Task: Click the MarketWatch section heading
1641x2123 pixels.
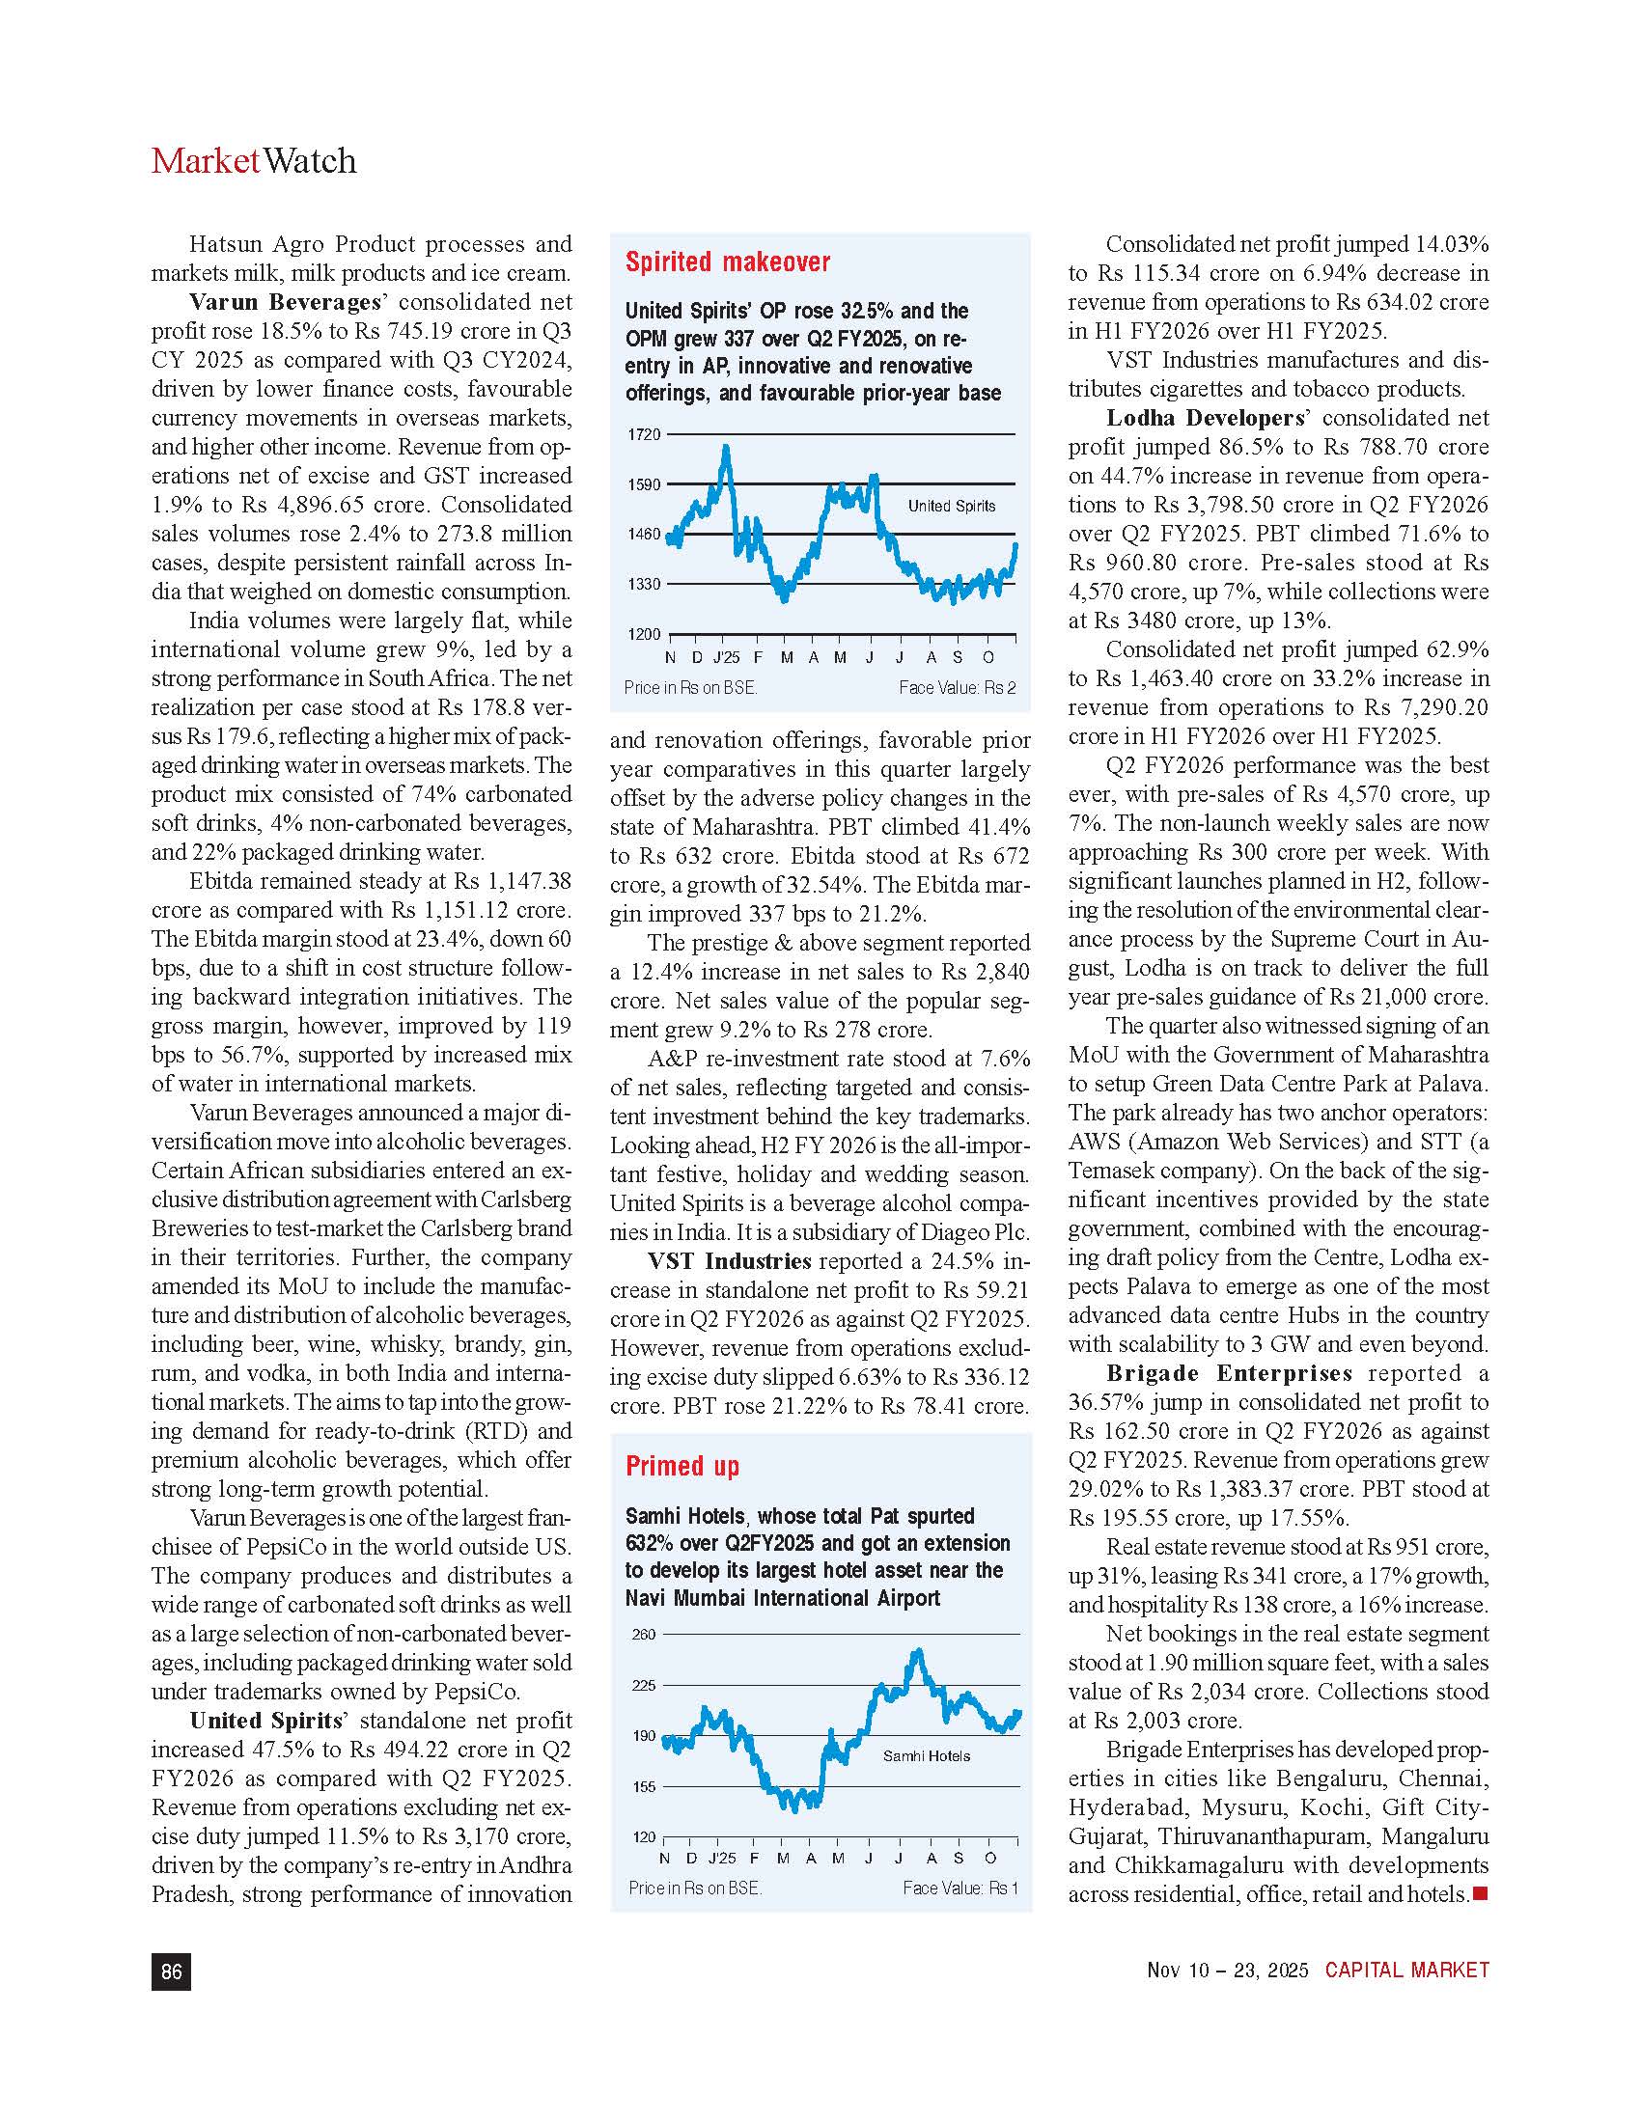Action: pos(254,161)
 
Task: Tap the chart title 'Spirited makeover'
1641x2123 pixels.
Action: pos(727,262)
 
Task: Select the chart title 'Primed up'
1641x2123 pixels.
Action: pos(682,1466)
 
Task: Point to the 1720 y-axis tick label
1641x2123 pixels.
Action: pos(644,434)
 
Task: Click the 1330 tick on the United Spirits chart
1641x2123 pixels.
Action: pos(644,584)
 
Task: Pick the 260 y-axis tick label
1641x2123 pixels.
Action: pos(644,1635)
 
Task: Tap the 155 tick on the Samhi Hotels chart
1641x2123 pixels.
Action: pos(644,1786)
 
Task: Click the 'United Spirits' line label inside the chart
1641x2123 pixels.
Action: pos(951,506)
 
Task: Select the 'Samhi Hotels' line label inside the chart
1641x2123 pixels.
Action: pos(926,1756)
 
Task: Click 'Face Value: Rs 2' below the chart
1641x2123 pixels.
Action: pos(957,688)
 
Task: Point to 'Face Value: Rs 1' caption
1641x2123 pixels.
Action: pos(960,1889)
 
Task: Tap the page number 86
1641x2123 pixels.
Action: pos(171,1971)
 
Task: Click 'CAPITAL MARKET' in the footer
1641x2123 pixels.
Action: pos(1406,1971)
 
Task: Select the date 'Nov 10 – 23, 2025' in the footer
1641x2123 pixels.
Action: pos(1227,1971)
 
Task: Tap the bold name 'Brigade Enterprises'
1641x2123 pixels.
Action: pos(1229,1373)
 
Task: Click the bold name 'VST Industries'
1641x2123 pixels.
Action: pos(729,1262)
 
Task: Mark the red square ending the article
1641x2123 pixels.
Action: pos(1481,1893)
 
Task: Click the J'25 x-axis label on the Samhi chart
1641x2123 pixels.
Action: pos(721,1859)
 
